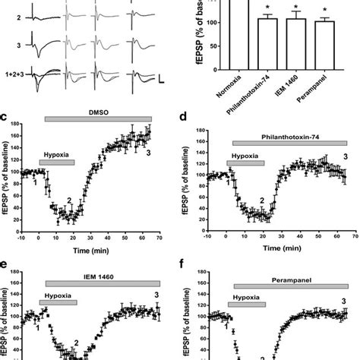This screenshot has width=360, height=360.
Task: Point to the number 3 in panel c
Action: [x=148, y=153]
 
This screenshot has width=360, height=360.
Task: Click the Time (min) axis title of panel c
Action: [x=94, y=248]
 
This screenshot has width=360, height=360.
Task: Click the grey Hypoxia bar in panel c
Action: [x=57, y=162]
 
